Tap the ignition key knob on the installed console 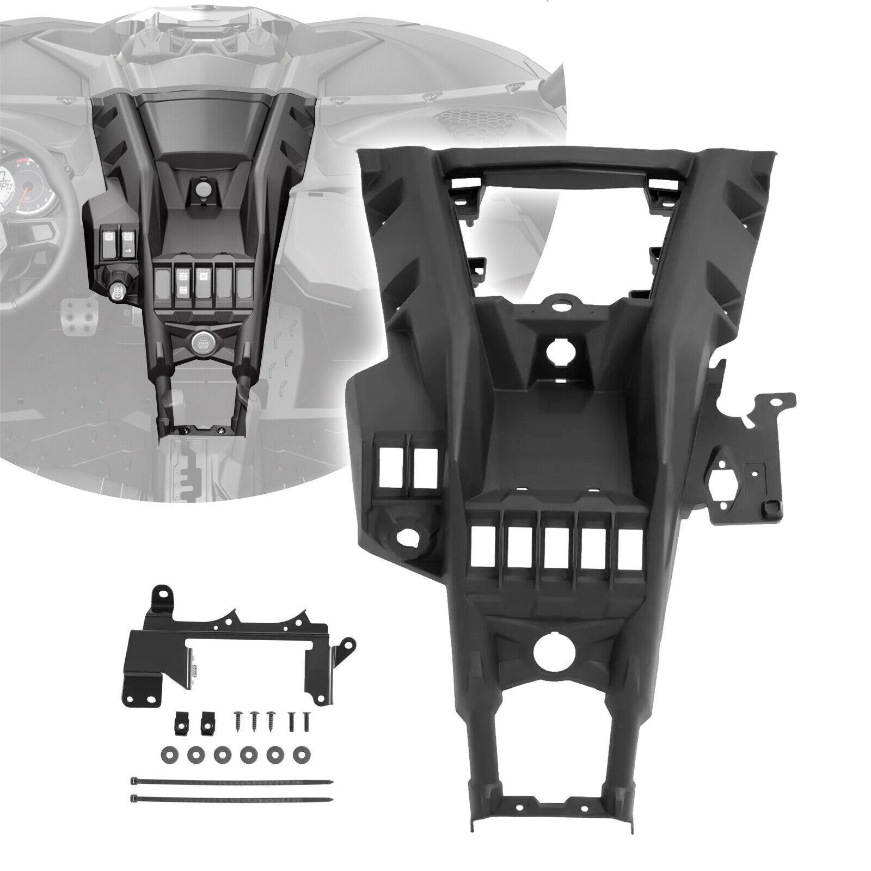coord(118,292)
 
